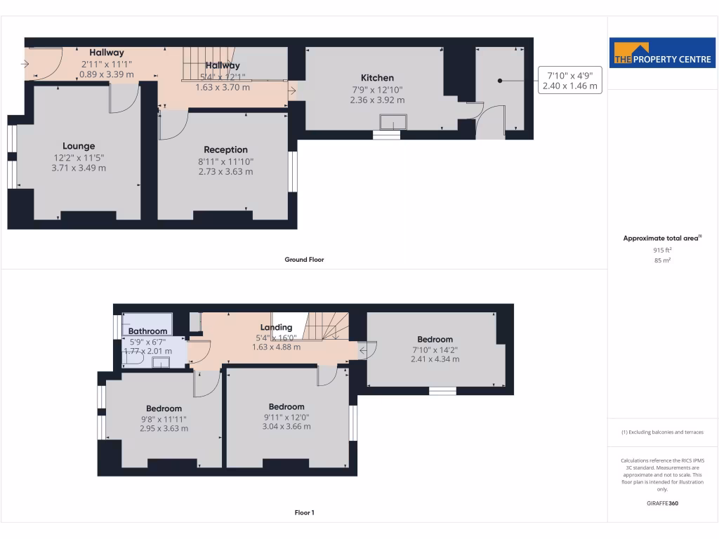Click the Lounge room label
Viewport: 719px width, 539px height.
pyautogui.click(x=79, y=146)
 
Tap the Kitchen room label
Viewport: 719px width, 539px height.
pyautogui.click(x=377, y=78)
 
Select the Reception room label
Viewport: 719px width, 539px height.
pyautogui.click(x=225, y=149)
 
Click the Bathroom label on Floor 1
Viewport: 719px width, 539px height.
pyautogui.click(x=147, y=331)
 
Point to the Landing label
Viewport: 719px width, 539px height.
pyautogui.click(x=276, y=327)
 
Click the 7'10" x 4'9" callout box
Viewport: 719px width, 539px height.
pyautogui.click(x=570, y=80)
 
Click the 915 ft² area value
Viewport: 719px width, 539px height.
pyautogui.click(x=662, y=250)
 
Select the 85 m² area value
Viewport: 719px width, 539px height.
pyautogui.click(x=662, y=260)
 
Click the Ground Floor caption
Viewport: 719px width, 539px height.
pyautogui.click(x=304, y=260)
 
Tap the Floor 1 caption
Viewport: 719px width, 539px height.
pyautogui.click(x=304, y=513)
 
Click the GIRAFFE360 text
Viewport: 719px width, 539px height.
pyautogui.click(x=662, y=503)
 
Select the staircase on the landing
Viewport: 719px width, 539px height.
pyautogui.click(x=324, y=326)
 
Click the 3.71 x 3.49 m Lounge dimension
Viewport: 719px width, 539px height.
pyautogui.click(x=79, y=168)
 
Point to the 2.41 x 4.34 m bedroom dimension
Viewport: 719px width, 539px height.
pyautogui.click(x=435, y=359)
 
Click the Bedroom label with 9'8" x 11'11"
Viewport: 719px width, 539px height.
pyautogui.click(x=164, y=408)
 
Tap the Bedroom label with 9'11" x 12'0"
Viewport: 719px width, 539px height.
pyautogui.click(x=286, y=406)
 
